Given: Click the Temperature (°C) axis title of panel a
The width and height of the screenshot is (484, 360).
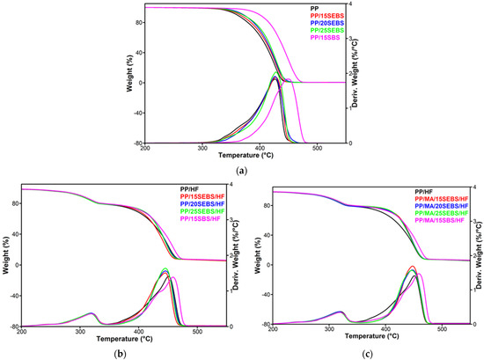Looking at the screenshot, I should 242,155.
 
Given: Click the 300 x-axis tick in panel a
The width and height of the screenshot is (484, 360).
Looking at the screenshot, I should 203,148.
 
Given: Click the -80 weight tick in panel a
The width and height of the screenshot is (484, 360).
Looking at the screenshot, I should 136,143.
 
